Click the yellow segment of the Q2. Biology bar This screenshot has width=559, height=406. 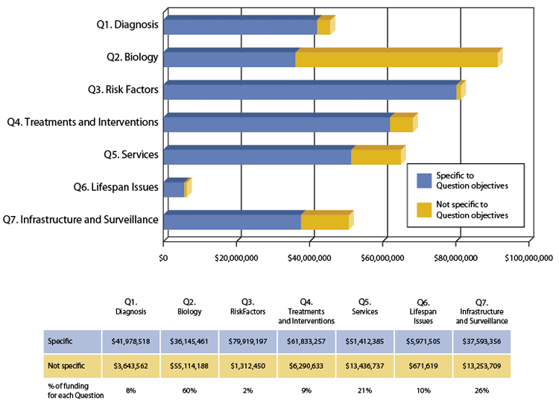396,59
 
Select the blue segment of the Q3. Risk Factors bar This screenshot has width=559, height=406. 309,92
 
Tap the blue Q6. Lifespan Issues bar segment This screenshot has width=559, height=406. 173,189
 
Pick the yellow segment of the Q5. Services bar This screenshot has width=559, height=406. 376,156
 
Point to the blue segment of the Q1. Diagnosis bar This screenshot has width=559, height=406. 240,27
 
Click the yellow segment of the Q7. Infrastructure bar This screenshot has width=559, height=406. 324,221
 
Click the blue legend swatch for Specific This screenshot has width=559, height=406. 424,180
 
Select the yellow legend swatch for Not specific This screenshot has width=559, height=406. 424,209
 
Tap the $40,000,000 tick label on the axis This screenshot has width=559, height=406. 309,258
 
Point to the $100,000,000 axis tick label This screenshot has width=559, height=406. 528,258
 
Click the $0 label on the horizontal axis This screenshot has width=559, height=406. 163,258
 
